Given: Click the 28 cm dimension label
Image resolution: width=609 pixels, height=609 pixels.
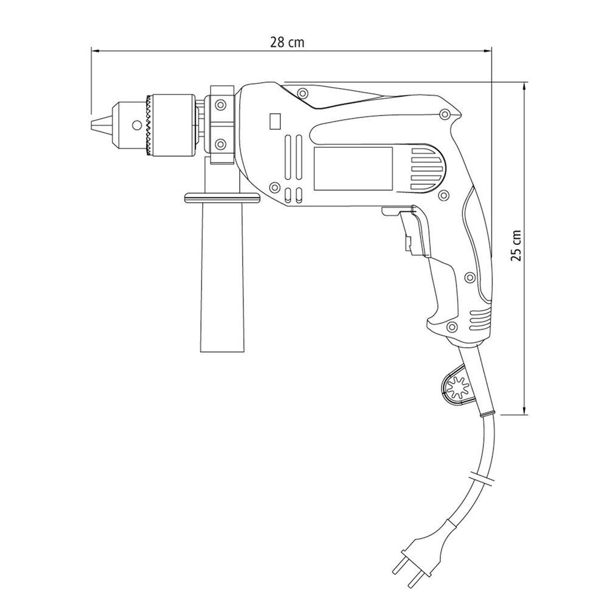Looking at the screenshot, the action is [287, 42].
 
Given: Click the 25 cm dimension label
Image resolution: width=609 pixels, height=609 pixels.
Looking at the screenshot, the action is [516, 245].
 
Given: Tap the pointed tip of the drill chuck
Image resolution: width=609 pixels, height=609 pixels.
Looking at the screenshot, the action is [91, 125].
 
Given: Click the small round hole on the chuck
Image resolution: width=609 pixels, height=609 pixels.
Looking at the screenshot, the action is [136, 125].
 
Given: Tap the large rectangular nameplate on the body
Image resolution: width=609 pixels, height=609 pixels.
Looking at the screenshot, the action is [353, 169].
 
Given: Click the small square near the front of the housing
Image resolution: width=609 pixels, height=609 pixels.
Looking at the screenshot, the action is [275, 122].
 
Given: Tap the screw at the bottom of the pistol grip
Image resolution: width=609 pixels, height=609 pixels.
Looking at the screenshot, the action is [452, 326].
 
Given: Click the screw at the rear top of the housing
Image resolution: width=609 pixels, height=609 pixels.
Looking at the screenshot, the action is [445, 114].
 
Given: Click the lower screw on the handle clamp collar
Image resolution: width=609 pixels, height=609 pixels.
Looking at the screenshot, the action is [221, 144].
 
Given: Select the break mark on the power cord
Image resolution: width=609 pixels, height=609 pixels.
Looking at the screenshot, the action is [482, 477].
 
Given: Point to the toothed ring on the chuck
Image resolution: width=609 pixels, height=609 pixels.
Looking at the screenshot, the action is [149, 125].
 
